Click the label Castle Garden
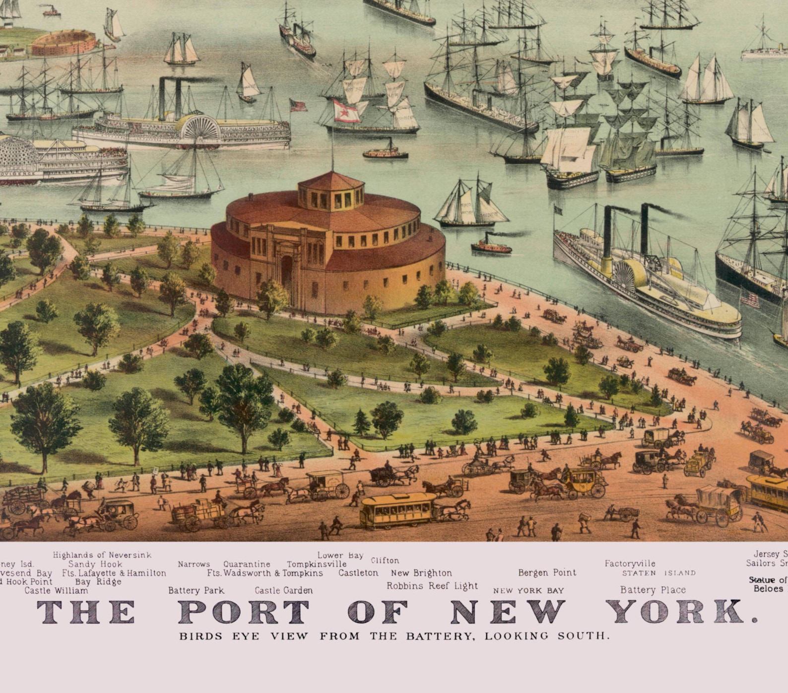click(x=283, y=590)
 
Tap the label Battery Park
click(x=196, y=590)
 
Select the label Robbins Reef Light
click(x=432, y=586)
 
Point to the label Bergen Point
click(x=547, y=572)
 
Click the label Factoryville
click(x=630, y=563)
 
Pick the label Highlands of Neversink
click(x=102, y=555)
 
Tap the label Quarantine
click(x=247, y=564)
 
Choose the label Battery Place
click(x=653, y=590)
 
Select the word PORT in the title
click(x=244, y=612)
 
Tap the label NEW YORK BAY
click(x=528, y=591)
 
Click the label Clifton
click(x=385, y=560)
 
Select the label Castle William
click(x=56, y=590)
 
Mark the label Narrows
click(x=194, y=564)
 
